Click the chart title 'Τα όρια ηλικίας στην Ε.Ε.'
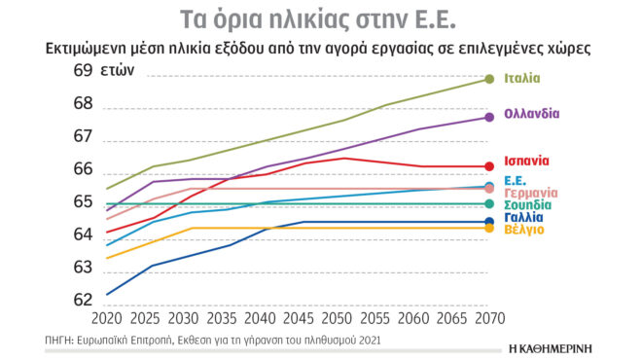(320, 18)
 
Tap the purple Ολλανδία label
(532, 114)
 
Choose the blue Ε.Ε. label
(517, 181)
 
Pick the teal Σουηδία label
(529, 205)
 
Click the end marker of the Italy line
(487, 79)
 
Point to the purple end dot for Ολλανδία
(487, 118)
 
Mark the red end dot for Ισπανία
(487, 166)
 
